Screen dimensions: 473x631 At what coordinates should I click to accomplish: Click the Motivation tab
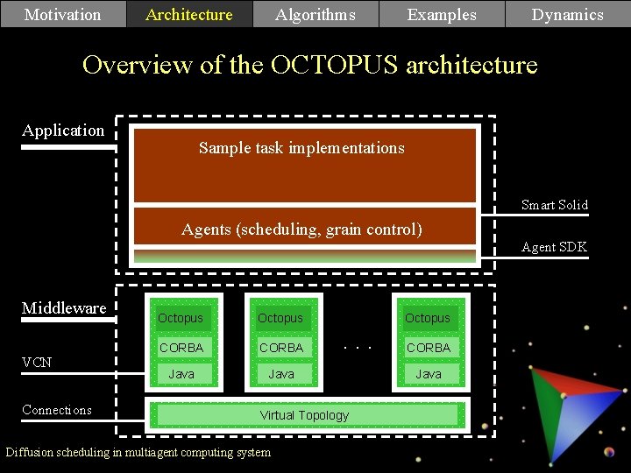coord(63,14)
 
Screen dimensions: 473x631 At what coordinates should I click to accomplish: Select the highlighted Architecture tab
coord(189,14)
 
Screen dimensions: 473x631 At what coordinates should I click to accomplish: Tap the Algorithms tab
coord(315,14)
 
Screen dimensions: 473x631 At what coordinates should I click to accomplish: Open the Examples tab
coord(442,14)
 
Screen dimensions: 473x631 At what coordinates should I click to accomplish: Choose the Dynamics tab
coord(568,14)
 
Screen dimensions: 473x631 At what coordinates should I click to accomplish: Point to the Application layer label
coord(63,131)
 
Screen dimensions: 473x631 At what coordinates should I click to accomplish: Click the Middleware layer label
coord(64,307)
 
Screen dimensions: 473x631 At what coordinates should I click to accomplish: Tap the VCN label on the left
coord(37,362)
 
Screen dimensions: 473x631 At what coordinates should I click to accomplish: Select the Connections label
coord(57,410)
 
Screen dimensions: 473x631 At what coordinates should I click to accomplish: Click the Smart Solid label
coord(554,205)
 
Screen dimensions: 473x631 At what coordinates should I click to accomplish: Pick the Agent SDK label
coord(554,247)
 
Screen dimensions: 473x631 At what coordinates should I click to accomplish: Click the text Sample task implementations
coord(301,148)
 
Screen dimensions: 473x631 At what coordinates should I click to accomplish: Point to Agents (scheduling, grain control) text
coord(301,229)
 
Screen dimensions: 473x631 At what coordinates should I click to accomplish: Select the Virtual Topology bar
coord(304,415)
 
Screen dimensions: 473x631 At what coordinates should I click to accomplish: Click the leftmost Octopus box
coord(181,318)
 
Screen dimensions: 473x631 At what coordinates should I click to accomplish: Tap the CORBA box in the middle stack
coord(281,348)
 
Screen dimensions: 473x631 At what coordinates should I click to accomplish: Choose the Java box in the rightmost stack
coord(429,374)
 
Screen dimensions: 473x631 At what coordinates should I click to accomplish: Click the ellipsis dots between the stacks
coord(358,347)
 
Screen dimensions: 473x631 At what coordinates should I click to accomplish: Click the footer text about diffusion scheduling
coord(138,452)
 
